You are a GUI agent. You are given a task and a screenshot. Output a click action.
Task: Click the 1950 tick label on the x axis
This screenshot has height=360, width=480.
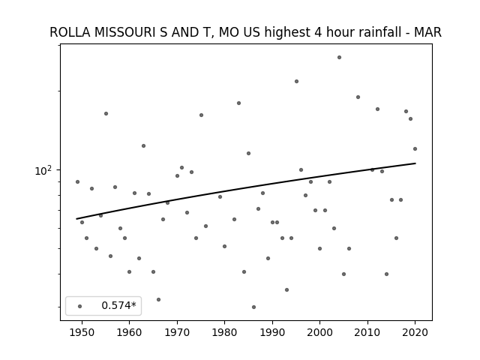(x=82, y=332)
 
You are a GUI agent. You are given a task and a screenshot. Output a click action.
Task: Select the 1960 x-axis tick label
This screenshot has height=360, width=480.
(x=129, y=332)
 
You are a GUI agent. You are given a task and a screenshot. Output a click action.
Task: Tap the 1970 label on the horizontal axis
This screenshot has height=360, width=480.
(x=177, y=332)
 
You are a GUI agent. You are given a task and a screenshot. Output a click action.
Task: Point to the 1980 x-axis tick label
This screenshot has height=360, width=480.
(x=224, y=332)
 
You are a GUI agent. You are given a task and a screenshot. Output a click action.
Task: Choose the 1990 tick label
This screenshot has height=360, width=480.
(x=272, y=332)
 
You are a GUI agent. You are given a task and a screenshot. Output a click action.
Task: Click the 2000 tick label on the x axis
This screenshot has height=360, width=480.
(x=319, y=332)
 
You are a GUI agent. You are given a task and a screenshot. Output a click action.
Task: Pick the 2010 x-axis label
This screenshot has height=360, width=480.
(x=367, y=332)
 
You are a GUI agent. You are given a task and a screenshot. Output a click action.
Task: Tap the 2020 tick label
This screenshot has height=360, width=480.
(x=415, y=332)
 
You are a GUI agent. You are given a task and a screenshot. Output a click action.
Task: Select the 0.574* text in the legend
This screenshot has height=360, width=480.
(x=118, y=306)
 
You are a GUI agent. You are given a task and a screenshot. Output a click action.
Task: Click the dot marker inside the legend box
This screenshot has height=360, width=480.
(x=79, y=306)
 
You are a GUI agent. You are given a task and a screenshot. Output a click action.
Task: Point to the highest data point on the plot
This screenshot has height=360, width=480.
(x=339, y=57)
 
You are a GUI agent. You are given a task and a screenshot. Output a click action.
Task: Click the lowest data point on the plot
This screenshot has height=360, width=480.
(x=253, y=307)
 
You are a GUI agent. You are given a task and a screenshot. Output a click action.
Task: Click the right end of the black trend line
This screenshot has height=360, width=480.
(x=415, y=163)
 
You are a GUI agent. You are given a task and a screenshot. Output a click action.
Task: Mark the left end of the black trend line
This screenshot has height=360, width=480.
(x=77, y=219)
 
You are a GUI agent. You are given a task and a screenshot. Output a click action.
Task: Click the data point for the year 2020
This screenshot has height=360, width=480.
(x=415, y=148)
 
